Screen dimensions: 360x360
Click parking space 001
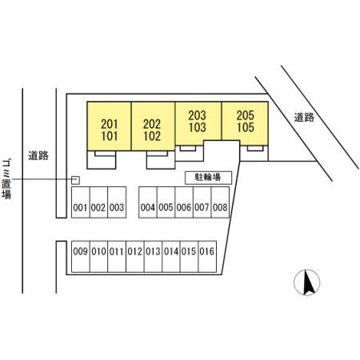[x=81, y=202]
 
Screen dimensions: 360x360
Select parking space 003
[x=117, y=202]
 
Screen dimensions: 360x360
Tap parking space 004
[x=148, y=202]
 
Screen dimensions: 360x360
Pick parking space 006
[x=184, y=202]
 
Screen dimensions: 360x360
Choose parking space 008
[x=220, y=202]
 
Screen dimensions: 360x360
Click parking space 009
[x=81, y=257]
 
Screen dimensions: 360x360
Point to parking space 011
[x=117, y=257]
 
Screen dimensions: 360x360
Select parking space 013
[x=153, y=257]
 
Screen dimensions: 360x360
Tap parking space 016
[x=207, y=257]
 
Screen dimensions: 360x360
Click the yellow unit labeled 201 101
[x=109, y=126]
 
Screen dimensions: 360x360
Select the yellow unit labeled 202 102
[x=153, y=126]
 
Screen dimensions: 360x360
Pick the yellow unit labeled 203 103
[x=198, y=122]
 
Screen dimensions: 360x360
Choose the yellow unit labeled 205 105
[x=245, y=122]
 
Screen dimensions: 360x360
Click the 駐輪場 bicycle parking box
[x=208, y=178]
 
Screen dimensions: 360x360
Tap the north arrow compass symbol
[x=307, y=282]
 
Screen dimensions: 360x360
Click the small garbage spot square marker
[x=75, y=180]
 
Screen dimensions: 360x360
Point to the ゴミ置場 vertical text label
[x=6, y=179]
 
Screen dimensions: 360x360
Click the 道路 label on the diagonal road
[x=304, y=118]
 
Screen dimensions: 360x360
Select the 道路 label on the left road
[x=38, y=155]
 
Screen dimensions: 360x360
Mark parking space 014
[x=171, y=257]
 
